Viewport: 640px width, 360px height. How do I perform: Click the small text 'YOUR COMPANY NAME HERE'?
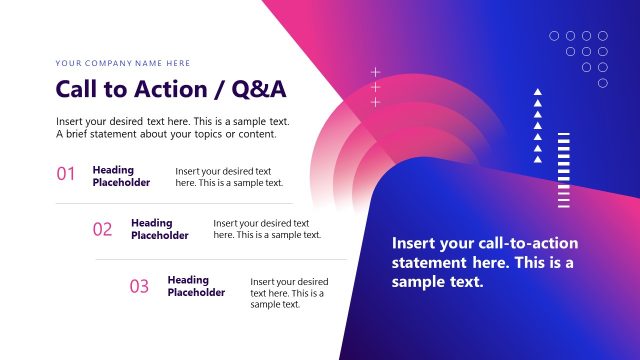pyautogui.click(x=123, y=62)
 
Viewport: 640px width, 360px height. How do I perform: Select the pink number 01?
pyautogui.click(x=66, y=174)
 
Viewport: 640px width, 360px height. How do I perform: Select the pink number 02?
pyautogui.click(x=103, y=229)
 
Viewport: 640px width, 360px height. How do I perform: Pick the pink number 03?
pyautogui.click(x=139, y=287)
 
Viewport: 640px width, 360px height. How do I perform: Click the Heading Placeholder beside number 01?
pyautogui.click(x=121, y=176)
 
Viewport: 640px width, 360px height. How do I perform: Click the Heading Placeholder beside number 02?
pyautogui.click(x=159, y=229)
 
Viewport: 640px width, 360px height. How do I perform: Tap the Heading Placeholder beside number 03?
pyautogui.click(x=196, y=286)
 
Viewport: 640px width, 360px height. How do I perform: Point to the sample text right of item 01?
pyautogui.click(x=229, y=177)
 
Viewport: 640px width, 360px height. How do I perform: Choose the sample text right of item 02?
pyautogui.click(x=267, y=229)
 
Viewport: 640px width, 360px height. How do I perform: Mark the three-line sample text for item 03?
pyautogui.click(x=289, y=293)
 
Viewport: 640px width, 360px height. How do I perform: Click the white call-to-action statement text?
pyautogui.click(x=485, y=262)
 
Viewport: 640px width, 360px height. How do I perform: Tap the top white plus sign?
pyautogui.click(x=376, y=72)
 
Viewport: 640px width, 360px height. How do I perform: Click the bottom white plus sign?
pyautogui.click(x=376, y=102)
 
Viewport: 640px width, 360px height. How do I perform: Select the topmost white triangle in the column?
pyautogui.click(x=538, y=92)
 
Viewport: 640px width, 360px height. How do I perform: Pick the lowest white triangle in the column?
pyautogui.click(x=538, y=159)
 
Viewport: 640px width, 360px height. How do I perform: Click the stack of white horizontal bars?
pyautogui.click(x=564, y=170)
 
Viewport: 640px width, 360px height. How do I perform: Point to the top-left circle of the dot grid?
pyautogui.click(x=555, y=36)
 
